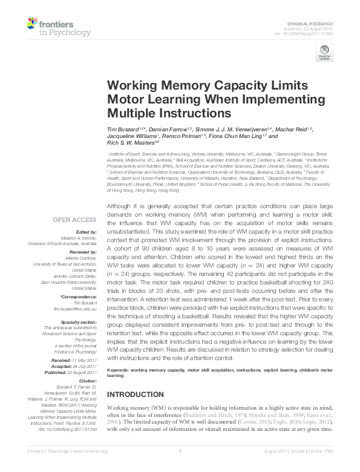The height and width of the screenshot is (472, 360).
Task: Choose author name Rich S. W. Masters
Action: coord(128,143)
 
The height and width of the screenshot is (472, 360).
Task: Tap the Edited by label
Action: coord(84,232)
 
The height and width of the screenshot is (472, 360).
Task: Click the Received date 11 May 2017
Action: coord(81,361)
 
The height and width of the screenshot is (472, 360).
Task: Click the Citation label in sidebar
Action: coord(87,381)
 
